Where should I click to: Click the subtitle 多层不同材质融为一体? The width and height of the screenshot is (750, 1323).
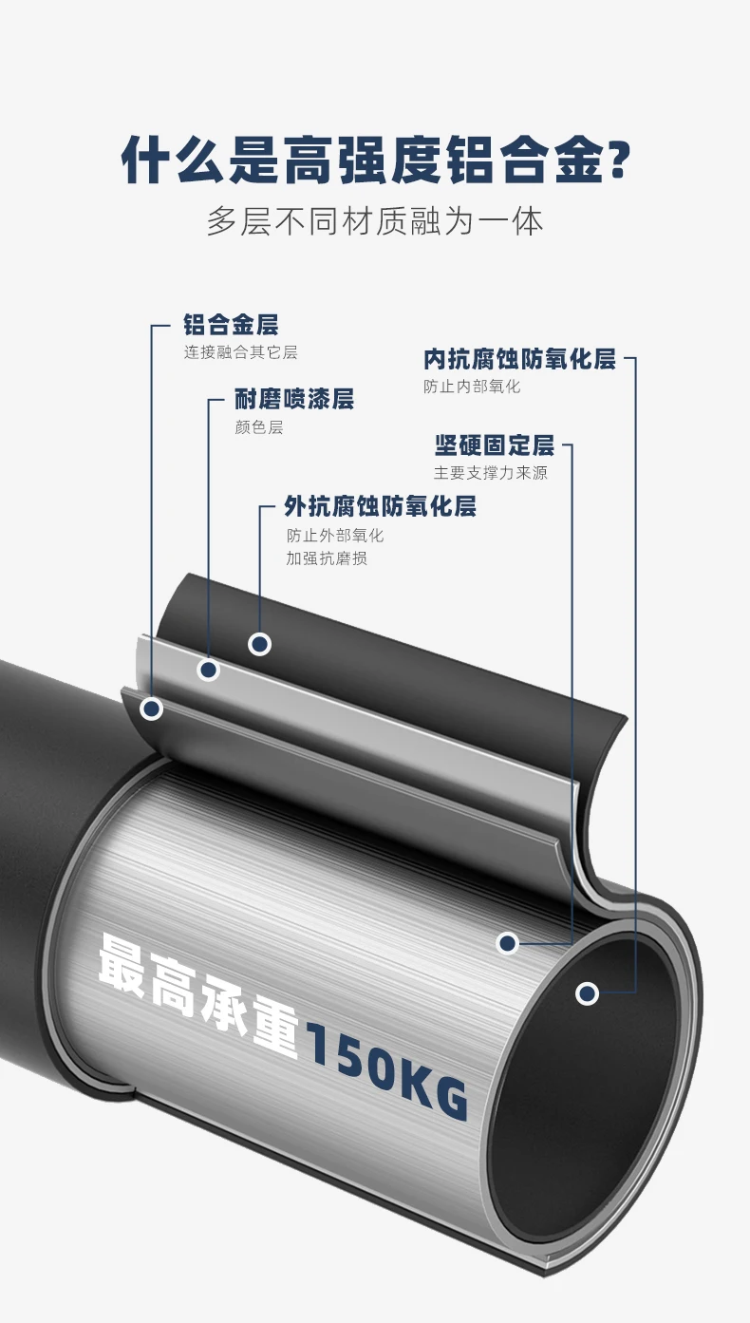click(x=375, y=221)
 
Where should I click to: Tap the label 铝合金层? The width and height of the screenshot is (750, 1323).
click(x=231, y=326)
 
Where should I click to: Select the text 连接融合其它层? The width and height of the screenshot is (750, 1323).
click(x=240, y=352)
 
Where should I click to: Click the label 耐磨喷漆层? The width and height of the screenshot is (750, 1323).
click(x=294, y=399)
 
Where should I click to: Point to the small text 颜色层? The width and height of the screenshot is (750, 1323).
click(x=258, y=427)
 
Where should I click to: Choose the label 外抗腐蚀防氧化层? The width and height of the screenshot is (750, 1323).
click(x=380, y=506)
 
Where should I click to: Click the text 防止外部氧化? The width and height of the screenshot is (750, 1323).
click(x=335, y=535)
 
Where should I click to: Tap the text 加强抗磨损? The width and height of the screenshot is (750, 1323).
click(x=326, y=558)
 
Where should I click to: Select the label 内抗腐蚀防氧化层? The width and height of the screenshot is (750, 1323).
click(x=519, y=359)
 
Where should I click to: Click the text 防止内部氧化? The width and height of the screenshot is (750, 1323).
click(x=472, y=387)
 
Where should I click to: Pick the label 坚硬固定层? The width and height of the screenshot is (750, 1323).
click(x=494, y=444)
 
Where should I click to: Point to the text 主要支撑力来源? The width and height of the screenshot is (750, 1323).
click(x=491, y=472)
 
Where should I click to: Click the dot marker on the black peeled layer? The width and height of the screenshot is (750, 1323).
click(x=259, y=644)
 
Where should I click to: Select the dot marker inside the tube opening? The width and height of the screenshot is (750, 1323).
click(x=588, y=993)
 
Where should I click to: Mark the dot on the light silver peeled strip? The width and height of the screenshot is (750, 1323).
click(x=209, y=671)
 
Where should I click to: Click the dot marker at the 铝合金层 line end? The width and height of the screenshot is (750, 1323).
click(x=151, y=709)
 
